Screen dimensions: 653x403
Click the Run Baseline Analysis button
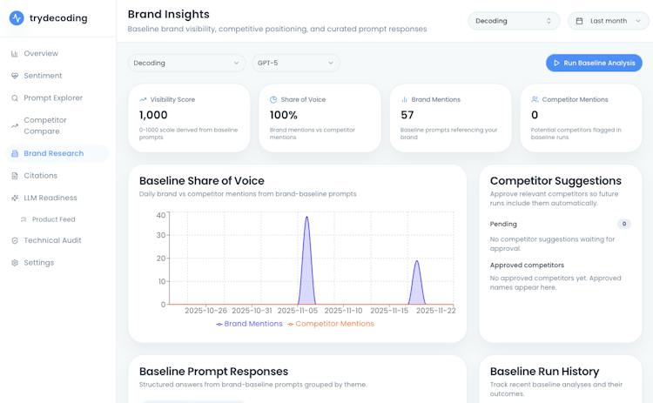point(594,63)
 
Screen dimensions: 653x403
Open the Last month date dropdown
point(608,21)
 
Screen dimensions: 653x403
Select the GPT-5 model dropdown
point(296,63)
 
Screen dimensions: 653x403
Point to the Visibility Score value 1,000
point(153,115)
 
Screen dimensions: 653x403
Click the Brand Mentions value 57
point(407,115)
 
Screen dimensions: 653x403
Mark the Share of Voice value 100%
point(284,115)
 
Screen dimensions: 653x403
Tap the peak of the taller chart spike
point(307,217)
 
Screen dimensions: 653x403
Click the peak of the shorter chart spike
point(417,260)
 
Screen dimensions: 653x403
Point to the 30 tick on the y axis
point(161,235)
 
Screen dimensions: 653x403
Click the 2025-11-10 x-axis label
point(343,311)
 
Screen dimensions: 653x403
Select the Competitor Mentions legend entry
point(331,324)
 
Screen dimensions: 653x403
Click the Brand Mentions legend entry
point(249,324)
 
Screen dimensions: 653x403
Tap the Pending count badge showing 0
point(624,224)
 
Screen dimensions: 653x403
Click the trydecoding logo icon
point(17,18)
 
